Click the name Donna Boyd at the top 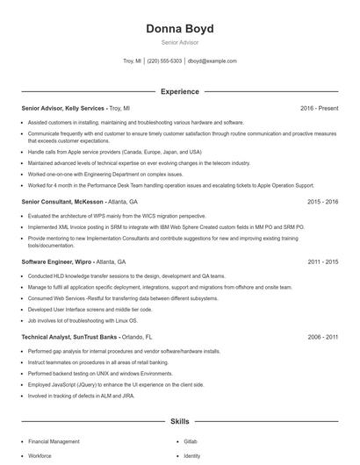[179, 28]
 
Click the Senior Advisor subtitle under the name [179, 42]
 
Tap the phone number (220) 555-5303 [164, 61]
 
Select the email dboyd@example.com [212, 61]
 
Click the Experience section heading [179, 91]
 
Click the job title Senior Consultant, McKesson [61, 201]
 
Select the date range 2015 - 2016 [322, 201]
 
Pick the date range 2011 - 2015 [322, 261]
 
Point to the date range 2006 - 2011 [322, 336]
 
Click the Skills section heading [179, 421]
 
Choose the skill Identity [192, 456]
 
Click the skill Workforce [40, 456]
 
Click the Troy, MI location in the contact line [132, 61]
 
